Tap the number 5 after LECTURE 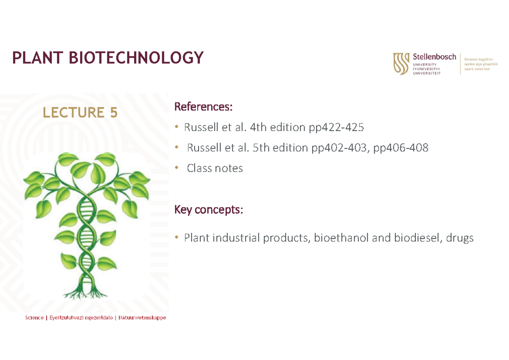[112, 112]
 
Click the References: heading [204, 107]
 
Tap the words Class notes [215, 168]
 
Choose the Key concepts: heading [209, 209]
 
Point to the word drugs [460, 239]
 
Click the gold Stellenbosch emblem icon [401, 64]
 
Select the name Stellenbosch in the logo [434, 57]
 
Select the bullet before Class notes [176, 168]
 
